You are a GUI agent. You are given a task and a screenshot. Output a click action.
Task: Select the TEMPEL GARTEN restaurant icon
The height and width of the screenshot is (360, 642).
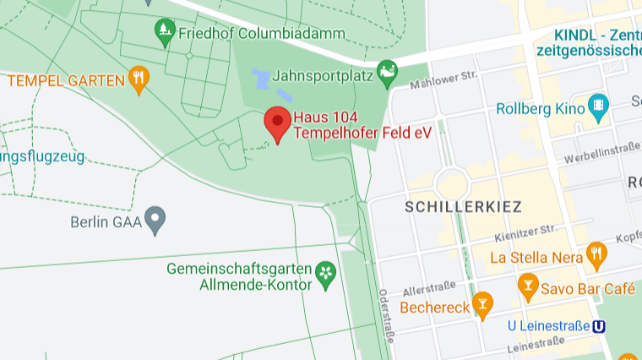tap(139, 79)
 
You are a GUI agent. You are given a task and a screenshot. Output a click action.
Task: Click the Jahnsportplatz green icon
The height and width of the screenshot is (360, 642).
tap(387, 72)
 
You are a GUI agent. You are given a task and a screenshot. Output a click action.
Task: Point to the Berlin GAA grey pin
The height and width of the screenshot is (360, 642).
tap(154, 221)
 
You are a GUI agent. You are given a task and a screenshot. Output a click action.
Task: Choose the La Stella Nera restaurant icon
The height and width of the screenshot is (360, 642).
tap(597, 253)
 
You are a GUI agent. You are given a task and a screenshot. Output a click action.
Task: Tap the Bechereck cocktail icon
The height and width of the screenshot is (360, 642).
tap(482, 305)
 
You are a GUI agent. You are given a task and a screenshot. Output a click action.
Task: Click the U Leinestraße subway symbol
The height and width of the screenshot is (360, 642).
tap(600, 326)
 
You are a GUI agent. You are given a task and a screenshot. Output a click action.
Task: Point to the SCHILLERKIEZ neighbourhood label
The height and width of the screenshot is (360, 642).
tap(463, 206)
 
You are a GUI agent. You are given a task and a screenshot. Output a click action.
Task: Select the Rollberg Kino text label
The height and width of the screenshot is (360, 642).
tap(541, 108)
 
